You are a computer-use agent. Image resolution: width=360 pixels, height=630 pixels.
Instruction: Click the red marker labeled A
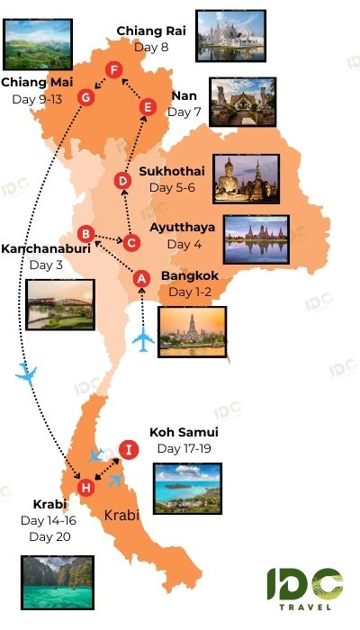click(141, 279)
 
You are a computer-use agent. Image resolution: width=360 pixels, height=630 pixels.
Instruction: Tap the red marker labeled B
click(85, 233)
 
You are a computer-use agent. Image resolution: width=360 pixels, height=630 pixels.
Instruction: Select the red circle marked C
click(131, 242)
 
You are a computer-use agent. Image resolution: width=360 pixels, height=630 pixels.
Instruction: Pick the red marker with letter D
click(124, 181)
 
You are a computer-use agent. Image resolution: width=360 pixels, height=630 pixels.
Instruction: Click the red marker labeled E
click(148, 107)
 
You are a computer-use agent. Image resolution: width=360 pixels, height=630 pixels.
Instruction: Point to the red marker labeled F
click(113, 70)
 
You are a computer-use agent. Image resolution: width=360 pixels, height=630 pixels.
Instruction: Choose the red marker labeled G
click(86, 97)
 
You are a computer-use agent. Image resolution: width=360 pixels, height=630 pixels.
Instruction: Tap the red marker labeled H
click(85, 489)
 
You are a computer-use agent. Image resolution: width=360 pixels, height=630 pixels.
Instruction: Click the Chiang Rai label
click(151, 31)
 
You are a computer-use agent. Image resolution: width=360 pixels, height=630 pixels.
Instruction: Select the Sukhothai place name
click(172, 171)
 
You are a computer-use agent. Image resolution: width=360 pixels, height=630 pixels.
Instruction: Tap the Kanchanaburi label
click(46, 248)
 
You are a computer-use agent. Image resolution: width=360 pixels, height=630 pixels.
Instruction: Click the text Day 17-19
click(184, 448)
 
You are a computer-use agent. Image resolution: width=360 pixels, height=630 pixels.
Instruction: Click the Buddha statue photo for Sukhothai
click(247, 178)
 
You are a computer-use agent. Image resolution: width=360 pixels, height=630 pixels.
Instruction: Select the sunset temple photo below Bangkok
click(193, 332)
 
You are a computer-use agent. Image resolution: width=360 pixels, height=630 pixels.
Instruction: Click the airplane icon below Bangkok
click(144, 341)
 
